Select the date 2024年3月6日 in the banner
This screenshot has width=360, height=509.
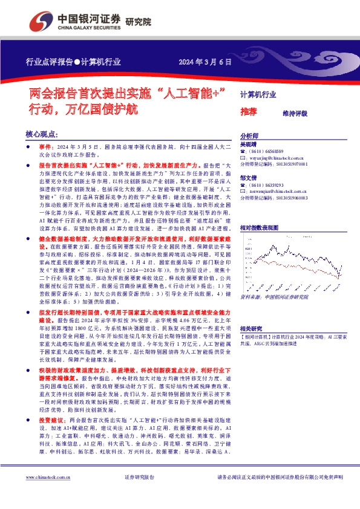pos(202,62)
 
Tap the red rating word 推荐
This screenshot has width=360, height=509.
pos(248,112)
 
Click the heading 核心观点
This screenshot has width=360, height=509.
pos(42,134)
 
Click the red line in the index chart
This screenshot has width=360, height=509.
pos(290,266)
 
